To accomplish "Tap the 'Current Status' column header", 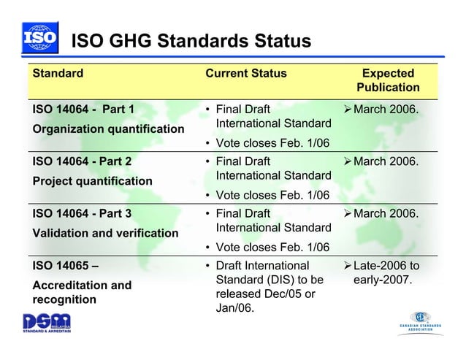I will tap(245, 73).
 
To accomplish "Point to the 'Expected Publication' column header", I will tap(388, 80).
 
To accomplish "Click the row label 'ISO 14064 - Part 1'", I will tap(84, 110).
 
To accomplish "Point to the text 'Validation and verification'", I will tap(106, 233).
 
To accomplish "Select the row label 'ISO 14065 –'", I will tap(66, 266).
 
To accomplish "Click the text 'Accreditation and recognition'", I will tap(82, 292).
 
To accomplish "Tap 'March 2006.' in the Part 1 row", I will tap(386, 110).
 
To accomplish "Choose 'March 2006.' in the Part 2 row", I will tap(386, 161).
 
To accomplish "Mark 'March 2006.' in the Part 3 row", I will tap(386, 213).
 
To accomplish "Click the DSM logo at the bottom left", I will tap(46, 322).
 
